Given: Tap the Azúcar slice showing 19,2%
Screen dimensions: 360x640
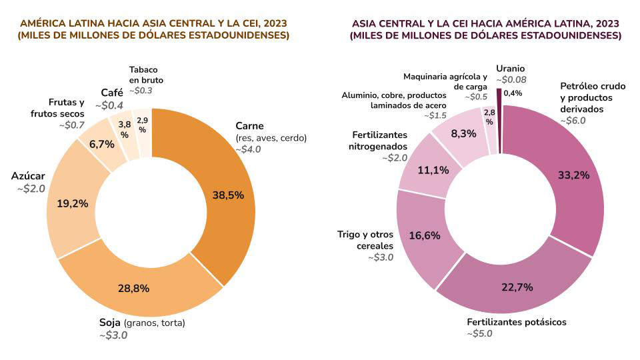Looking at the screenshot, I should (x=72, y=203).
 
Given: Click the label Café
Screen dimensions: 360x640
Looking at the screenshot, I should (x=112, y=93).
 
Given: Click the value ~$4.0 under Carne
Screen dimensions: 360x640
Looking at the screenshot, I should (x=248, y=149).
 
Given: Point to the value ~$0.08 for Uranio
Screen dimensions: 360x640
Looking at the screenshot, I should (x=511, y=80).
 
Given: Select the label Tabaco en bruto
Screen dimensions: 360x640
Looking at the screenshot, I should (x=146, y=75).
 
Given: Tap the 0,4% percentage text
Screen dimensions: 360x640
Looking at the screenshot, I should (x=513, y=93).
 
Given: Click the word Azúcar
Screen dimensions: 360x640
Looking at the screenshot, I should (x=28, y=176).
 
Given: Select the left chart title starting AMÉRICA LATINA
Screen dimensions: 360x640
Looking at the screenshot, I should (x=153, y=29).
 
